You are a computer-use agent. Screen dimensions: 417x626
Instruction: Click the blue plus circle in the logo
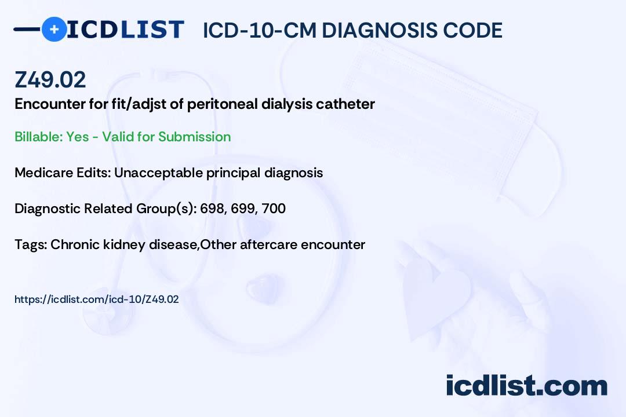click(x=53, y=29)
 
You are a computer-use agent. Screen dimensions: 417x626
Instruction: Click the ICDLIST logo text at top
click(x=125, y=29)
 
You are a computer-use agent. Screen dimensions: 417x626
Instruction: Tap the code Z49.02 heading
click(x=50, y=79)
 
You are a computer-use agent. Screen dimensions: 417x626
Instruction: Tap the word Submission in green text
click(x=194, y=137)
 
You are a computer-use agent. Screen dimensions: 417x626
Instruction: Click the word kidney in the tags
click(x=111, y=244)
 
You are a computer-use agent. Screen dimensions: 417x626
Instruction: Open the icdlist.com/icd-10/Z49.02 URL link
click(x=96, y=299)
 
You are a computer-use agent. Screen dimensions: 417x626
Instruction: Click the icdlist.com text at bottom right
click(x=526, y=386)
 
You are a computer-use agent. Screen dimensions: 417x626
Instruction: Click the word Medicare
click(x=41, y=173)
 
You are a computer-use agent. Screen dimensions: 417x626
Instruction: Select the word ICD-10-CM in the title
click(x=259, y=30)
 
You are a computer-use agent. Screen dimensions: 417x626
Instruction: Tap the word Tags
click(x=30, y=244)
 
